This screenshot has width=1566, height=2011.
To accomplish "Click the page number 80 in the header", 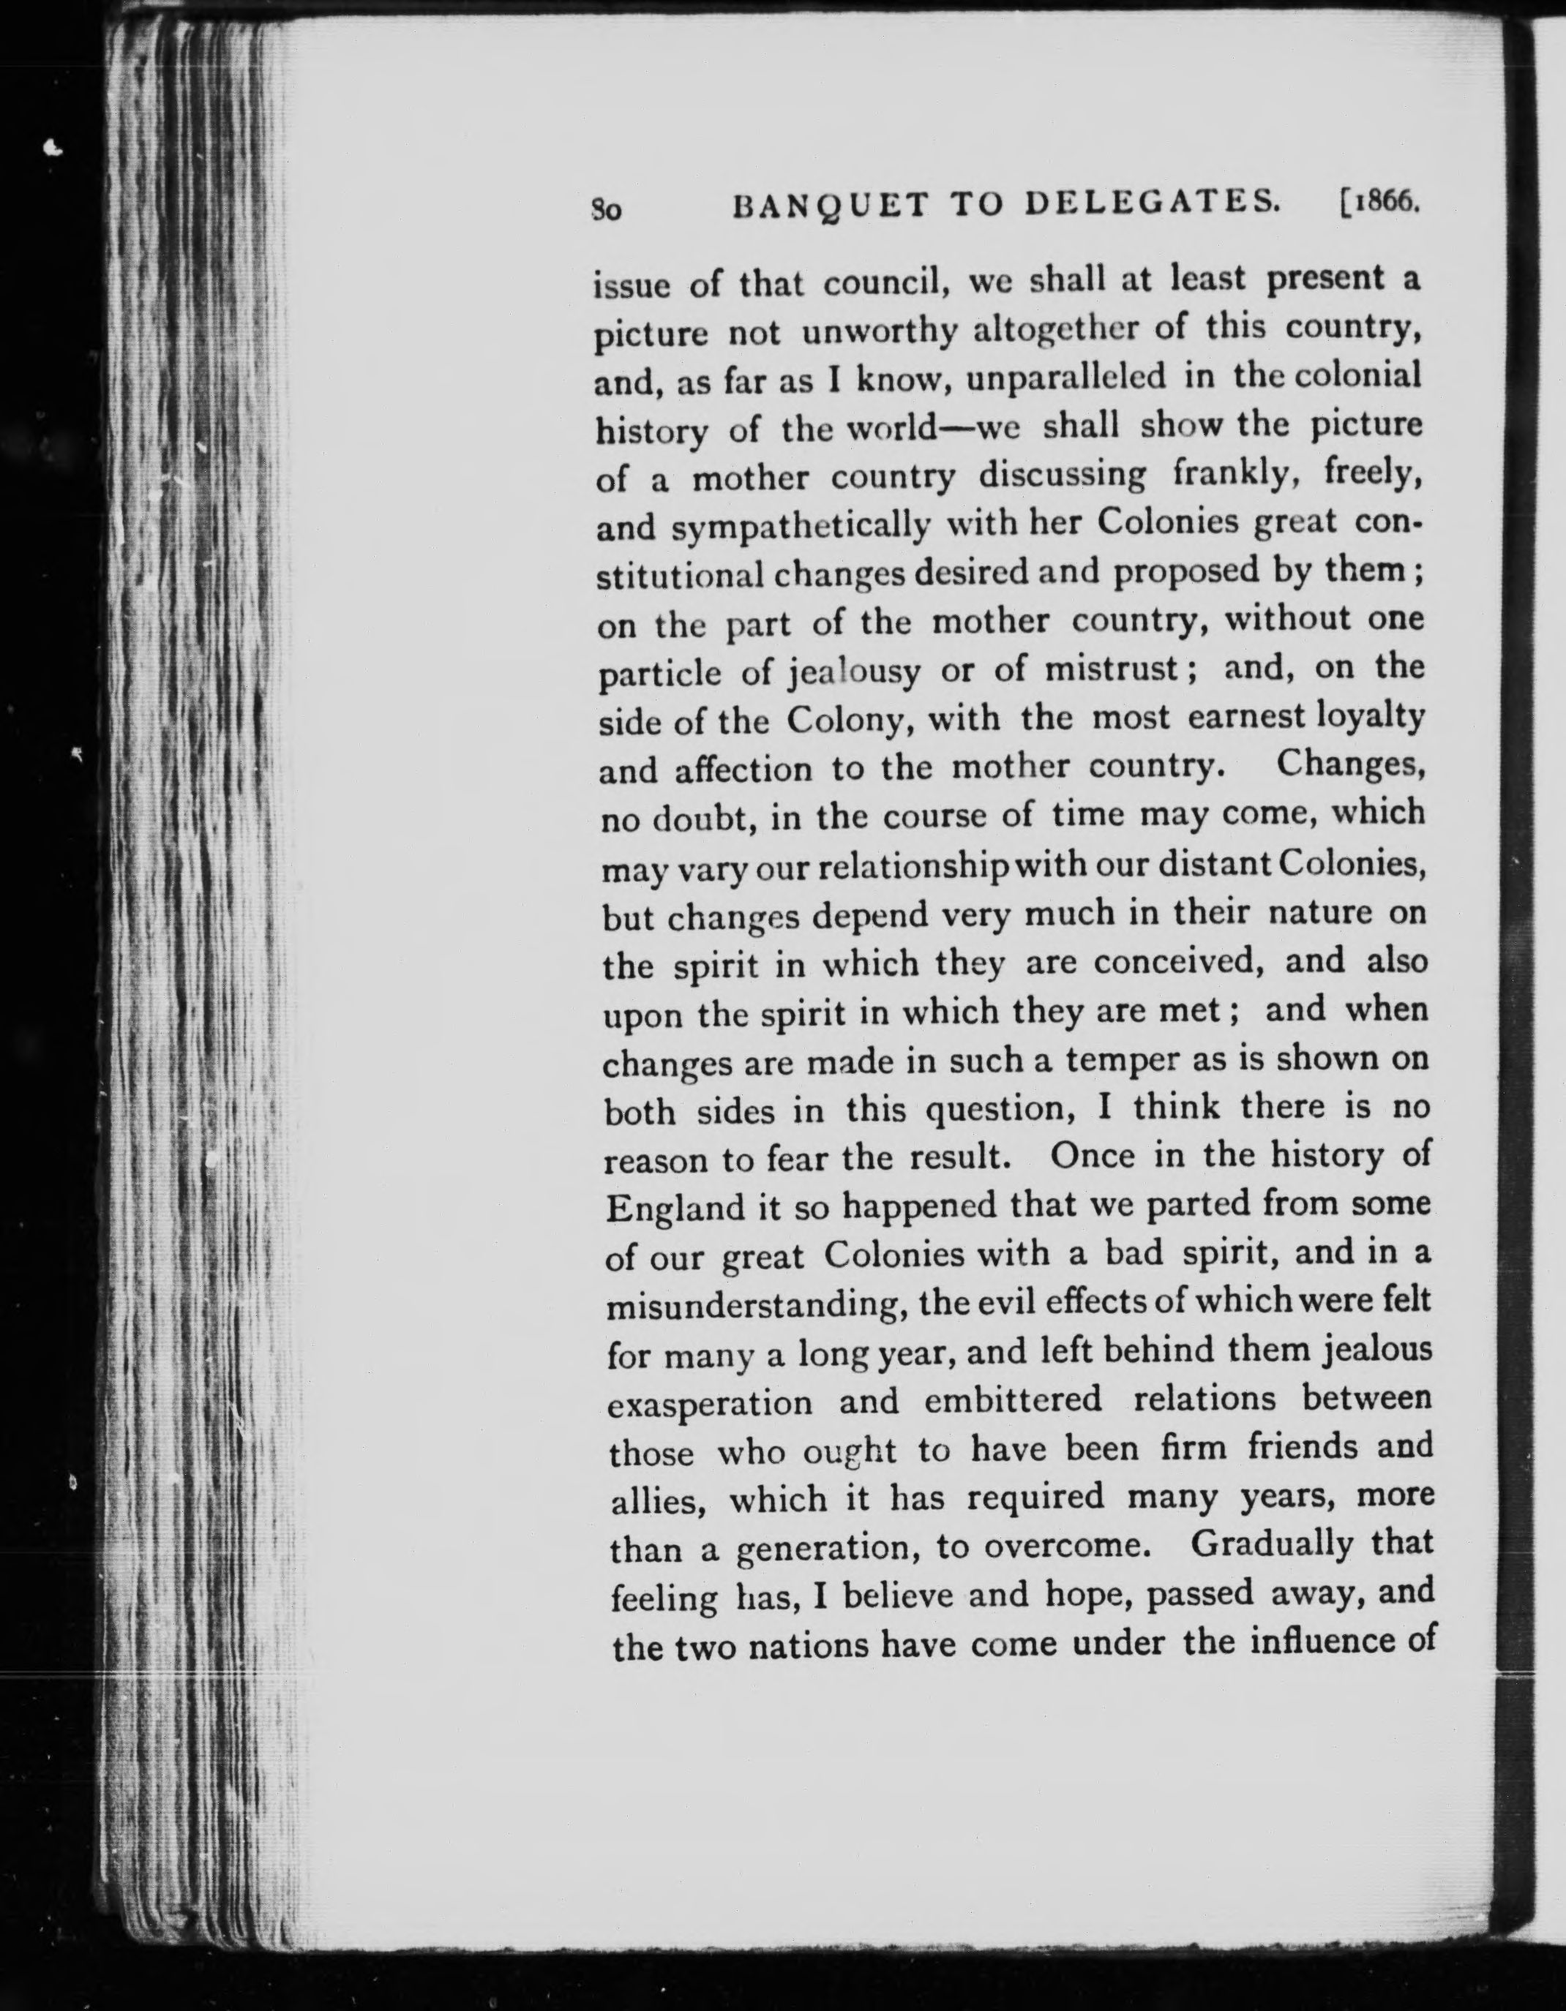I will (607, 210).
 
